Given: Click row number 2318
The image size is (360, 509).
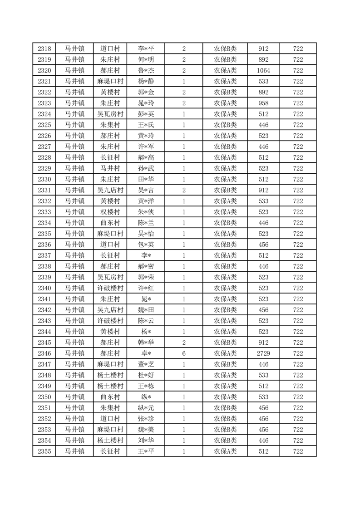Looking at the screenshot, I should [44, 49].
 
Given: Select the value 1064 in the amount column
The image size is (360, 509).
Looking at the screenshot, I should [263, 70].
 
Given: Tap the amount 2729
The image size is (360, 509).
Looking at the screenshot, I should [263, 353].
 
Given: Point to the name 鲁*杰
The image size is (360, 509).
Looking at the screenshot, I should [146, 70].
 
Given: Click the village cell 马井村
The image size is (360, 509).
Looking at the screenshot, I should [110, 168].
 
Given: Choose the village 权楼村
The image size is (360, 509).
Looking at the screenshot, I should [110, 212].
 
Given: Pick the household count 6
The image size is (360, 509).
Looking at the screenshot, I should [184, 353].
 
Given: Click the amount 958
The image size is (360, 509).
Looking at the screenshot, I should [263, 103].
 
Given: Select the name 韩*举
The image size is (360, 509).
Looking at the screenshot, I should [146, 343].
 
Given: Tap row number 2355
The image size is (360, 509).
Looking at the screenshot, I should [44, 451].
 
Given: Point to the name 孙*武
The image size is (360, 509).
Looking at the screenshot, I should [146, 168].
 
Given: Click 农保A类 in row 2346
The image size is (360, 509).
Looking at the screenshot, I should [225, 353].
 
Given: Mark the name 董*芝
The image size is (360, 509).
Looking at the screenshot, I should [146, 364].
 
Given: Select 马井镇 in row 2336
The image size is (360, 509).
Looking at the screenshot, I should [74, 245].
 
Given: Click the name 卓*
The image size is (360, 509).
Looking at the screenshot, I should [146, 353].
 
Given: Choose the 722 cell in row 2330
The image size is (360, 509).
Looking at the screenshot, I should [298, 179].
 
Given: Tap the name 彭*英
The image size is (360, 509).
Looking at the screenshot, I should [146, 114].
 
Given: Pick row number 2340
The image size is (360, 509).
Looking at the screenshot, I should [44, 288].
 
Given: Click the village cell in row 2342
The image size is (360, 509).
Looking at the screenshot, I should [110, 310].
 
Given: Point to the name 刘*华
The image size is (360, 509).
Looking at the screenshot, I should [146, 440].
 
